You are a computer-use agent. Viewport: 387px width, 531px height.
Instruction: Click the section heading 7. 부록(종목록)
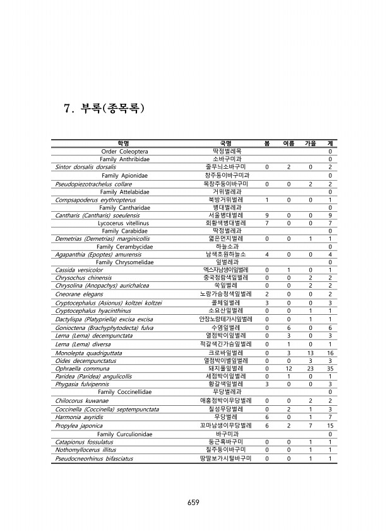104,108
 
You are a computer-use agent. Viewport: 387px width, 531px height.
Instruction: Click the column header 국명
225,143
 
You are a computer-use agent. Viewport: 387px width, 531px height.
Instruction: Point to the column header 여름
288,143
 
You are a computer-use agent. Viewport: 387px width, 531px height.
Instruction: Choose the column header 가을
310,143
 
